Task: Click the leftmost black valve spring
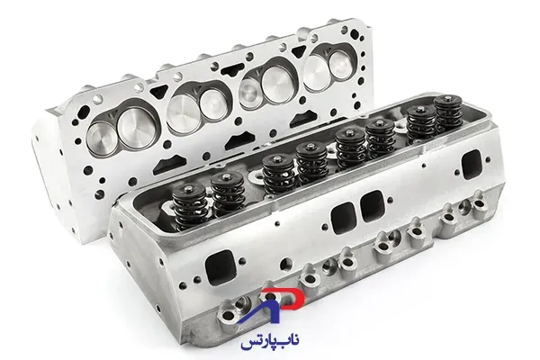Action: pyautogui.click(x=190, y=206)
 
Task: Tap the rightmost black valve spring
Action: pyautogui.click(x=448, y=113)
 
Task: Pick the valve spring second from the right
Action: pyautogui.click(x=421, y=122)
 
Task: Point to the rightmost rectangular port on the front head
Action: pyautogui.click(x=472, y=165)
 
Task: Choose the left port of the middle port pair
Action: pyautogui.click(x=344, y=218)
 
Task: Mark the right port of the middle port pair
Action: pyautogui.click(x=373, y=205)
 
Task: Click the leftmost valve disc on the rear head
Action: pyautogui.click(x=100, y=138)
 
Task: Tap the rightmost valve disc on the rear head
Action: pyautogui.click(x=340, y=64)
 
